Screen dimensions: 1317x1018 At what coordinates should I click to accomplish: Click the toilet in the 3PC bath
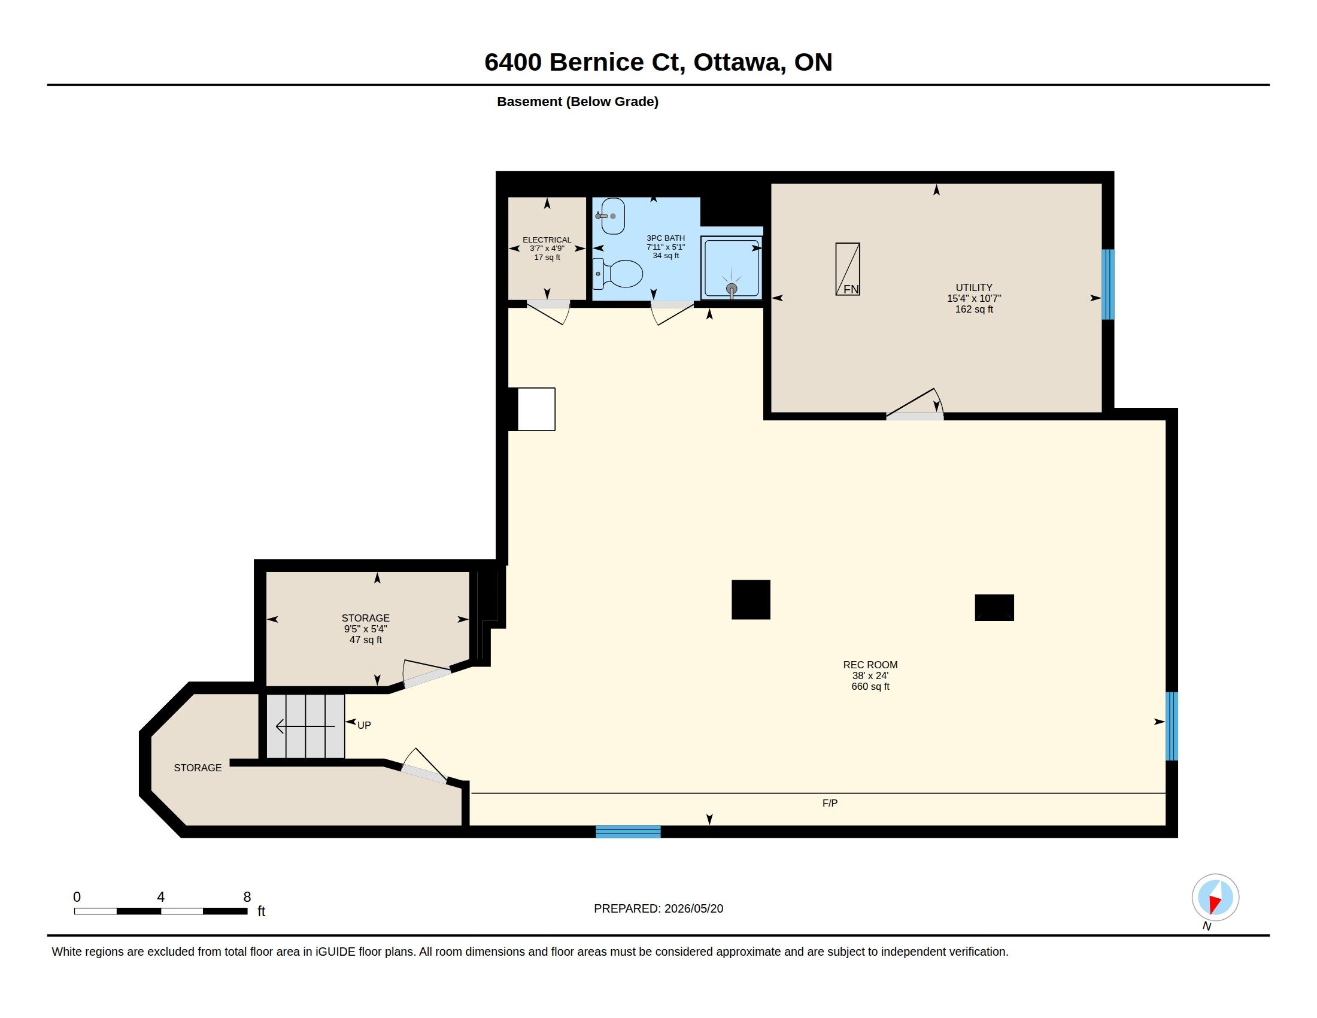tap(618, 274)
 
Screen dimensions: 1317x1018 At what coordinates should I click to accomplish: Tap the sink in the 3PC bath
tap(610, 216)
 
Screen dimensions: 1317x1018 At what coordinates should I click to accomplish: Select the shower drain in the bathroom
tap(732, 289)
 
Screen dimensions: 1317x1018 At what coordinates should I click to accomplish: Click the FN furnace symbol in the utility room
tap(847, 269)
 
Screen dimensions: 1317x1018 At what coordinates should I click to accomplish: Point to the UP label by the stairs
tap(364, 726)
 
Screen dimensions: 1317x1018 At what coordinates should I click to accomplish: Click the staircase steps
tap(306, 726)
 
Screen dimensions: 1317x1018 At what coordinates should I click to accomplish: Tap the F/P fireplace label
tap(830, 803)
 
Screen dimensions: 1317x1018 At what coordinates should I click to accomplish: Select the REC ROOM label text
tap(870, 665)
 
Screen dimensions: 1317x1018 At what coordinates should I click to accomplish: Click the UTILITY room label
tap(974, 287)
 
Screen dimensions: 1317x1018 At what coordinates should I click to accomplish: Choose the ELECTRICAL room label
tap(547, 240)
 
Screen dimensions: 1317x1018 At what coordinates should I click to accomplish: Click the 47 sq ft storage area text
tap(365, 640)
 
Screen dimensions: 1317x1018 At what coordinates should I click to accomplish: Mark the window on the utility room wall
tap(1107, 284)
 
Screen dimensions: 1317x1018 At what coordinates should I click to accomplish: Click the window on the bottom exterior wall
tap(629, 832)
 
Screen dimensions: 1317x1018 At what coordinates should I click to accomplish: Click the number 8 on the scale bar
tap(247, 897)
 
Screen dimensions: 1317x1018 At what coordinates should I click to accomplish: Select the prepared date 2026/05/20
tap(693, 908)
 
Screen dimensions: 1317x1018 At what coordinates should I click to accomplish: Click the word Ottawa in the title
tap(740, 62)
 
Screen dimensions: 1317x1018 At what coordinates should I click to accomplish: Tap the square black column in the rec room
tap(751, 599)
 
